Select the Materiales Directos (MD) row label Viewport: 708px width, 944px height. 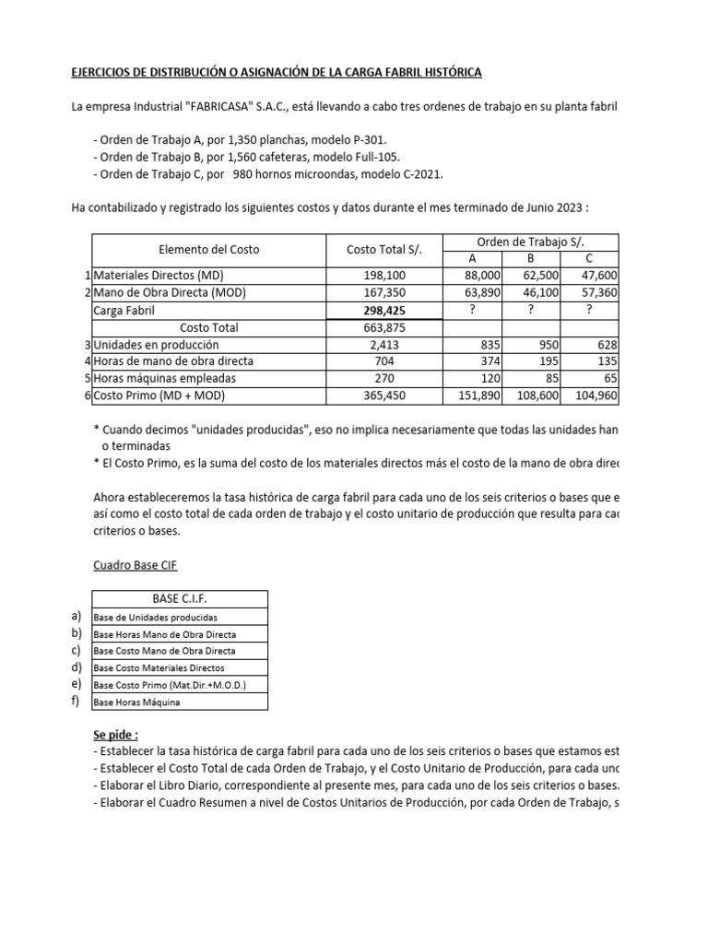point(159,276)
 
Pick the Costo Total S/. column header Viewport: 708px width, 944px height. point(383,250)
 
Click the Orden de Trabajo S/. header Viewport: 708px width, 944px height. point(532,242)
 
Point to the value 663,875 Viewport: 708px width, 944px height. point(384,327)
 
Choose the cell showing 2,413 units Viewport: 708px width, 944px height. point(384,344)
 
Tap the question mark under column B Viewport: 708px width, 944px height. point(530,311)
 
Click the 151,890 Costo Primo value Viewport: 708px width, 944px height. point(478,395)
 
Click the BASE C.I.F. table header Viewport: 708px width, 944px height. point(180,599)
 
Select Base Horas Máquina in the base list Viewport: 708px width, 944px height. point(137,702)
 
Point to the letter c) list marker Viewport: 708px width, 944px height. point(76,650)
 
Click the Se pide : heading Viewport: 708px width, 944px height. point(116,735)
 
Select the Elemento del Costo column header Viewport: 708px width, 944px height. point(209,250)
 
